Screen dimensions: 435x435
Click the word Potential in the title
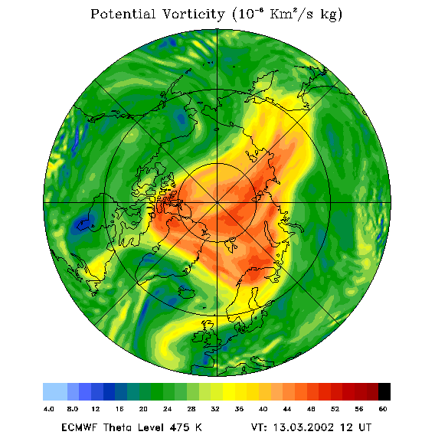pos(123,14)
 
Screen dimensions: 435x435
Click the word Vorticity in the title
pos(193,14)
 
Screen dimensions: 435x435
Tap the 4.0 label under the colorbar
pos(49,409)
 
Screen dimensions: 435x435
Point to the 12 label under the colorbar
pos(96,409)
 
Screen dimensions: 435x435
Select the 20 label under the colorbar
pos(143,409)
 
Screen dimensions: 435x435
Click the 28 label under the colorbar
pos(191,409)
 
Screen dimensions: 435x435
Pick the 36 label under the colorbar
pos(239,409)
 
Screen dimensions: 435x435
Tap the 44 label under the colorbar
pos(287,409)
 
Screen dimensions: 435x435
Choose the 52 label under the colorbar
pos(335,409)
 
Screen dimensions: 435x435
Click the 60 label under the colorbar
pos(383,409)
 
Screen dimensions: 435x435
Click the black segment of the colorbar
pos(384,391)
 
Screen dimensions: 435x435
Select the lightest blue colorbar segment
pos(55,391)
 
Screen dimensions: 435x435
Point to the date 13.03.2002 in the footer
pos(303,427)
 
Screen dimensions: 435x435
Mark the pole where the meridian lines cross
pos(217,203)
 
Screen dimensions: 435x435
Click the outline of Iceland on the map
pos(187,292)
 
